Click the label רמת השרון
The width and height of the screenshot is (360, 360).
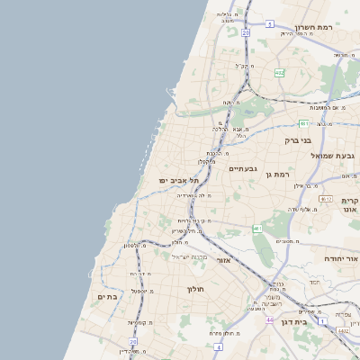314,27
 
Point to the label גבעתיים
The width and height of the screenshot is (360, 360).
244,168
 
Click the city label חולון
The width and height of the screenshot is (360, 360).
196,289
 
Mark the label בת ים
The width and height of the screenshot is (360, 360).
108,296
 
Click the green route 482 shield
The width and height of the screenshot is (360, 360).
280,73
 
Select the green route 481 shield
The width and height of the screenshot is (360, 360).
305,123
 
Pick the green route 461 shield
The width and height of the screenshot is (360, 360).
257,229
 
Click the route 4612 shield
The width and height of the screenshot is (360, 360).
326,199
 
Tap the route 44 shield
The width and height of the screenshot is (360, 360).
270,319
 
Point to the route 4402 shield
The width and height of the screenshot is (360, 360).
344,330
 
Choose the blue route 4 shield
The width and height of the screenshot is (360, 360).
218,346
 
